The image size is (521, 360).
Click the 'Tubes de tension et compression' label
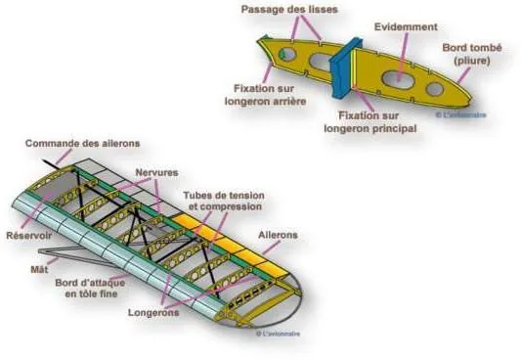223,201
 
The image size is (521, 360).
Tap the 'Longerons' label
152,313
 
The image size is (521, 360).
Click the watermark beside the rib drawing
459,114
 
